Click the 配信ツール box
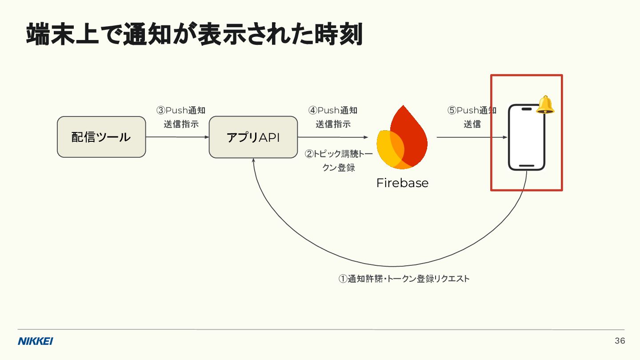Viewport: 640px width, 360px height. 101,137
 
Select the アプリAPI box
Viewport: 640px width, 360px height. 253,137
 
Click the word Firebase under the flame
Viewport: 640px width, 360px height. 402,183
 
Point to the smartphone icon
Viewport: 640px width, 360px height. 527,137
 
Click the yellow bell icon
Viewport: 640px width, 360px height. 545,105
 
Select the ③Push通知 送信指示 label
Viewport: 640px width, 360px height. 181,117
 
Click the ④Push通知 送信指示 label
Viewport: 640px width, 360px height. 333,117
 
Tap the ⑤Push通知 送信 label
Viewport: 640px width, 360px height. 472,117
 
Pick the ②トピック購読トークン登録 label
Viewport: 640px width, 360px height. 339,161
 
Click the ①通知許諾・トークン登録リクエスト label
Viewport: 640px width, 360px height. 404,279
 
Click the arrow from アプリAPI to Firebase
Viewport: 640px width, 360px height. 333,137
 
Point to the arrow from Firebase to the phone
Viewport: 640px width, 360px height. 472,137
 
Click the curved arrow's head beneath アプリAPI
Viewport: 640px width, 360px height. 253,161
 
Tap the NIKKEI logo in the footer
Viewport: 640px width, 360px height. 36,341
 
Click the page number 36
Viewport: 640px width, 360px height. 620,341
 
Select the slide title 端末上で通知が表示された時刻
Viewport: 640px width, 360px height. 194,35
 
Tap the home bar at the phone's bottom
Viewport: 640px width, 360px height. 527,166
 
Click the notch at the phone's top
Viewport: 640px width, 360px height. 527,109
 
